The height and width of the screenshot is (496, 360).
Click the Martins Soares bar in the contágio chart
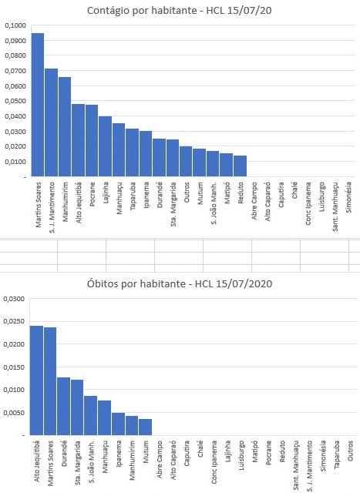coord(38,105)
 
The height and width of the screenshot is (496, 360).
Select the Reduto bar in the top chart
coord(240,166)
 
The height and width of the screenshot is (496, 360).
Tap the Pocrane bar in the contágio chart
coord(92,140)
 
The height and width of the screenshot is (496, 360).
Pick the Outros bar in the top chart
coord(186,161)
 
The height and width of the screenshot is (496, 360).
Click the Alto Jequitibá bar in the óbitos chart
coord(36,380)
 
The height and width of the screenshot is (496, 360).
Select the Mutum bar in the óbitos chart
coord(146,427)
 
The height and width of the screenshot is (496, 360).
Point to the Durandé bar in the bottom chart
coord(64,406)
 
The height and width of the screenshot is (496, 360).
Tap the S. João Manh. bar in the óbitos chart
coord(90,416)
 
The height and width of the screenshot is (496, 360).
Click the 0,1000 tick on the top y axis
coord(15,25)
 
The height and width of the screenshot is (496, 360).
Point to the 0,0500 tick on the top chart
coord(15,101)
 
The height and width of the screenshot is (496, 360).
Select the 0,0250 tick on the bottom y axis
coord(14,321)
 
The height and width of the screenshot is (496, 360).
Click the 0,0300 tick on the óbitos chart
coord(14,299)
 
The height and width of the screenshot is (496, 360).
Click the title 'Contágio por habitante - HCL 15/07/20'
coord(179,11)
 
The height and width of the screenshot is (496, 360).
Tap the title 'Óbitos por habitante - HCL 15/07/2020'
coord(180,283)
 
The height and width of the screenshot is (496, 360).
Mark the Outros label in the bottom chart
coord(350,451)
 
